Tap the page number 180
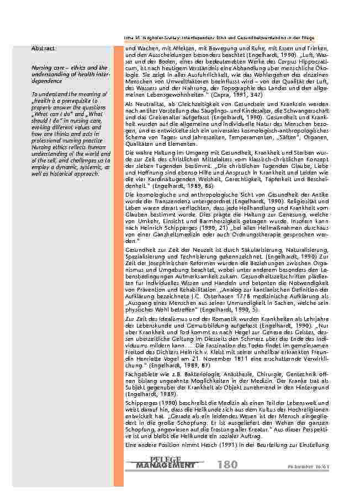tap(227, 465)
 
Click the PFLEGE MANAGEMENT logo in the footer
tap(165, 463)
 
